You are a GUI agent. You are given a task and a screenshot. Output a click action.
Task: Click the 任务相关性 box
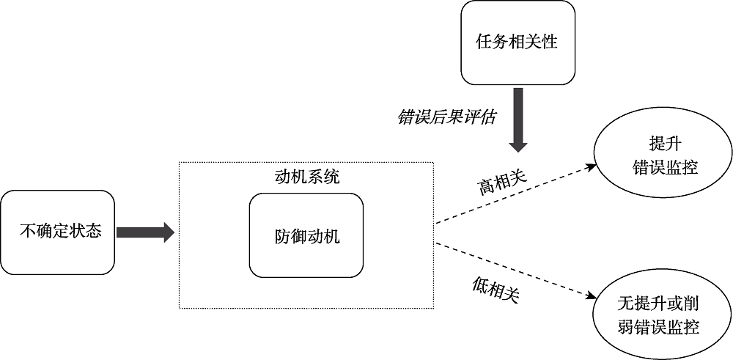(x=517, y=43)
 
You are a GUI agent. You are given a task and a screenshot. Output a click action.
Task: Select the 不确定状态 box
(x=59, y=233)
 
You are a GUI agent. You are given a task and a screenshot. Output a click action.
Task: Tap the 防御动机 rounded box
(x=306, y=236)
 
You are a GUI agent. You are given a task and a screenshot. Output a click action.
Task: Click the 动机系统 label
(x=306, y=177)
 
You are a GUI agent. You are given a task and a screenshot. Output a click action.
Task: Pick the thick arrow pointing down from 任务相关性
(x=518, y=117)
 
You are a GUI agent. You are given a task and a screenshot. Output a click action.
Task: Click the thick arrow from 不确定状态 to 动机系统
(x=144, y=233)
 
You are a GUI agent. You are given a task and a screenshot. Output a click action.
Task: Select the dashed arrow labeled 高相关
(x=513, y=196)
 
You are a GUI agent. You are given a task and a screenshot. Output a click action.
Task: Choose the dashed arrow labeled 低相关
(x=513, y=270)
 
